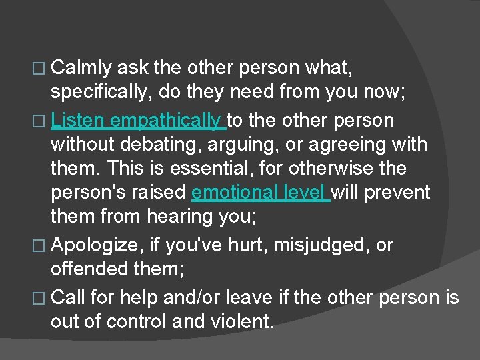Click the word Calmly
(x=83, y=68)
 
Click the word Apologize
(x=95, y=245)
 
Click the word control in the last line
(x=136, y=321)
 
